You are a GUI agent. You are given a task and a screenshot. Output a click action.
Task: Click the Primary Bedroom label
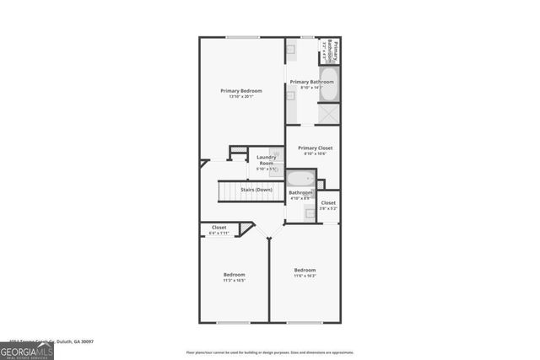tap(241, 91)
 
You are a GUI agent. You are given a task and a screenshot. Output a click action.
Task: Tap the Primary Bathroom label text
tap(307, 82)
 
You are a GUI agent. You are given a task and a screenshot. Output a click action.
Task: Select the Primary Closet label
tap(314, 148)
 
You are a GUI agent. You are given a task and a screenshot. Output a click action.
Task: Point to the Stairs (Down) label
tap(256, 191)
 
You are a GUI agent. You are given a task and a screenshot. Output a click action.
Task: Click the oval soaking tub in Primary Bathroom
tap(329, 89)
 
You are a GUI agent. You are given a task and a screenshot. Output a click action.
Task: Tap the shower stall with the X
tap(329, 113)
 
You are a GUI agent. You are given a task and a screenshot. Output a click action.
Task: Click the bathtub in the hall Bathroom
tap(300, 178)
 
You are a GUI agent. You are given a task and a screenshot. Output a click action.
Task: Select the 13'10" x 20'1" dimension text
tap(241, 97)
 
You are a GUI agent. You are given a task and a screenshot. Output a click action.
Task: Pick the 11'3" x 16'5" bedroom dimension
tap(234, 281)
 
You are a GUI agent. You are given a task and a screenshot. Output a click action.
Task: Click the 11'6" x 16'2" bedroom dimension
tap(305, 276)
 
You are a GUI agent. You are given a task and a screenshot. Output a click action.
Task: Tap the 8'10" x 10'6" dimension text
tap(314, 153)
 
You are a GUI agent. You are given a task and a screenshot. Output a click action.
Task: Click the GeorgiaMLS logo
tap(27, 347)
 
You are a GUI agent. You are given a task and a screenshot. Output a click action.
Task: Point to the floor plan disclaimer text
tap(270, 352)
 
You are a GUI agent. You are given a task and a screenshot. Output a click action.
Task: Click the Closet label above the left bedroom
tap(219, 227)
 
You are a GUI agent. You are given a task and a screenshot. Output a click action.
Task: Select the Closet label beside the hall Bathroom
tap(328, 202)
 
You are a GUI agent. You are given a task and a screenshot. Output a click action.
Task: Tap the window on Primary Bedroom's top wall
tap(241, 37)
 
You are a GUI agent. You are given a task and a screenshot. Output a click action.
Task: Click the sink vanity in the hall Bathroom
tap(310, 213)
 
